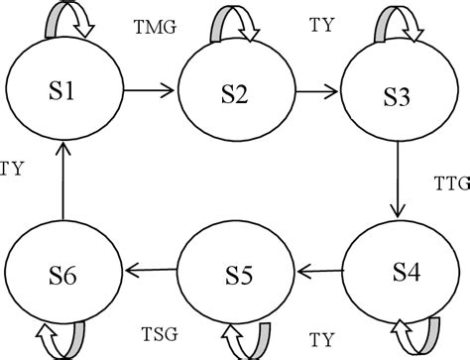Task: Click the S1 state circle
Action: coord(62,92)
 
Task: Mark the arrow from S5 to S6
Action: coord(150,269)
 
